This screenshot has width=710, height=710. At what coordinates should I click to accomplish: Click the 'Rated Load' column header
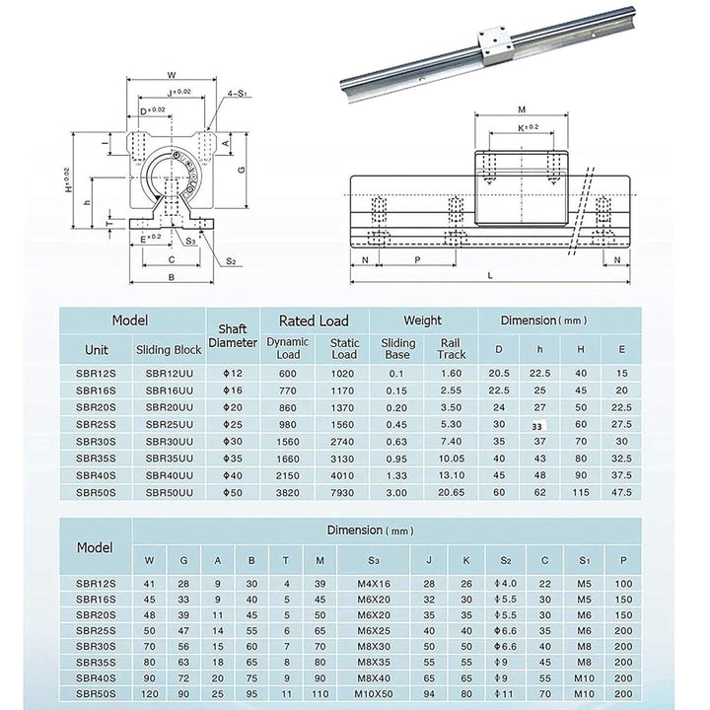coord(315,320)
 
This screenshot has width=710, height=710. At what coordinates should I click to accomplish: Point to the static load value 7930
coord(344,490)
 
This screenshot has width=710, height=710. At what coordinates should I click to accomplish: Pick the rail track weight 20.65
coord(451,490)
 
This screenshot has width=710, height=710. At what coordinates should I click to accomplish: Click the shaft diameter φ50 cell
coord(234,490)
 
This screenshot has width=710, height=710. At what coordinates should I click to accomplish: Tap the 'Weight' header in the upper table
coord(425,320)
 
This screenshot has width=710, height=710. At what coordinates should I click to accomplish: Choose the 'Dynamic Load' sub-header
coord(287,348)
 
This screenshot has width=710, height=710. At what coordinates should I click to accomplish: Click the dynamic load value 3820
coord(287,490)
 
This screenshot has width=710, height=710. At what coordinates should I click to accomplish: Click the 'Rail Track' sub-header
coord(451,348)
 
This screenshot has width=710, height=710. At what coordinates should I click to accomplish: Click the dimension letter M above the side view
coord(522,110)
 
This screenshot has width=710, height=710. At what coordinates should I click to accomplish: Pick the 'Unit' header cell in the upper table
coord(97,349)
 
